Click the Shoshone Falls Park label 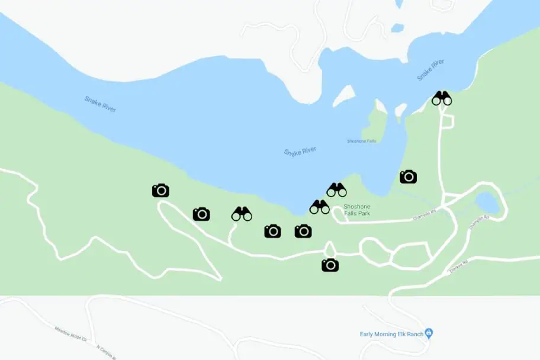(x=356, y=210)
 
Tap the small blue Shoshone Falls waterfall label (x=361, y=141)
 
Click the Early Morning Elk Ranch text (x=391, y=334)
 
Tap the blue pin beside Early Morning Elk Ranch (x=429, y=333)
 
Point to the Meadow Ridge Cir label (x=70, y=335)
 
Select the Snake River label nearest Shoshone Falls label (x=300, y=152)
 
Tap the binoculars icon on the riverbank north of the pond (x=442, y=98)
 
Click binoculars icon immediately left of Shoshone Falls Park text (x=320, y=207)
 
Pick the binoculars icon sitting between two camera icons (x=242, y=214)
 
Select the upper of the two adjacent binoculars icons (x=336, y=190)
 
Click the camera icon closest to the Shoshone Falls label (x=408, y=176)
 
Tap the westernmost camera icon (x=160, y=191)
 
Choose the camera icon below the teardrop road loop (x=330, y=265)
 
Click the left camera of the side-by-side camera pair (x=272, y=231)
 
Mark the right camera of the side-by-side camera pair (x=303, y=231)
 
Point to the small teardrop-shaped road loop (x=330, y=249)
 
